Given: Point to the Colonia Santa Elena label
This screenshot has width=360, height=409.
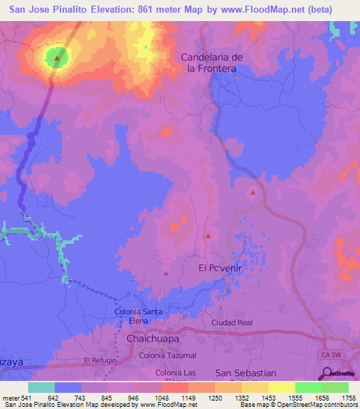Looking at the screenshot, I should pyautogui.click(x=139, y=316).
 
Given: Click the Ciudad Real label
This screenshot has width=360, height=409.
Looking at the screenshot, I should pyautogui.click(x=232, y=323).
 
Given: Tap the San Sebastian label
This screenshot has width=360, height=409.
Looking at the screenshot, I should pyautogui.click(x=245, y=372).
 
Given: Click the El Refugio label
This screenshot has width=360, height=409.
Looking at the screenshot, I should pyautogui.click(x=98, y=360).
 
